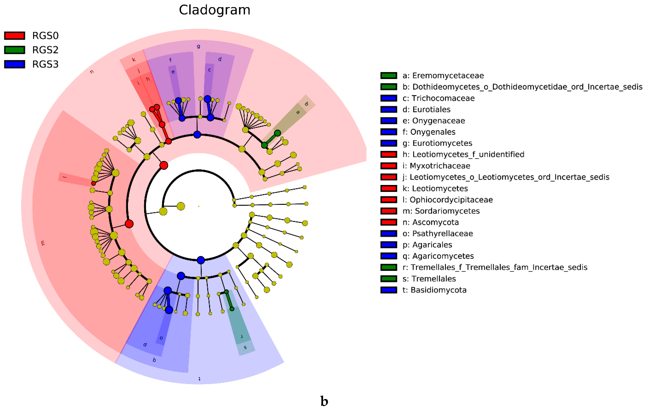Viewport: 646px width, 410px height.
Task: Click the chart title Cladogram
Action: click(x=214, y=10)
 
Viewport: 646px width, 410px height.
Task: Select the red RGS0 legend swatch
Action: click(x=15, y=36)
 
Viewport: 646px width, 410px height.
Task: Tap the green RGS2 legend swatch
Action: click(x=15, y=50)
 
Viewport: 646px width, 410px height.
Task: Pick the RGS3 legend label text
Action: click(x=45, y=64)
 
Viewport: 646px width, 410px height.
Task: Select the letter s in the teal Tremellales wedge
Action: click(x=245, y=347)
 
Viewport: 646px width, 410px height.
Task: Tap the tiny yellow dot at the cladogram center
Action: click(x=199, y=206)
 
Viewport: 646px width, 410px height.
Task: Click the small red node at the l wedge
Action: click(x=93, y=183)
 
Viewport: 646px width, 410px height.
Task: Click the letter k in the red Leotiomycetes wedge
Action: click(x=134, y=60)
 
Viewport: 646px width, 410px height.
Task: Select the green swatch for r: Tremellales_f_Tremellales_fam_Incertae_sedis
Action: click(x=388, y=267)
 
